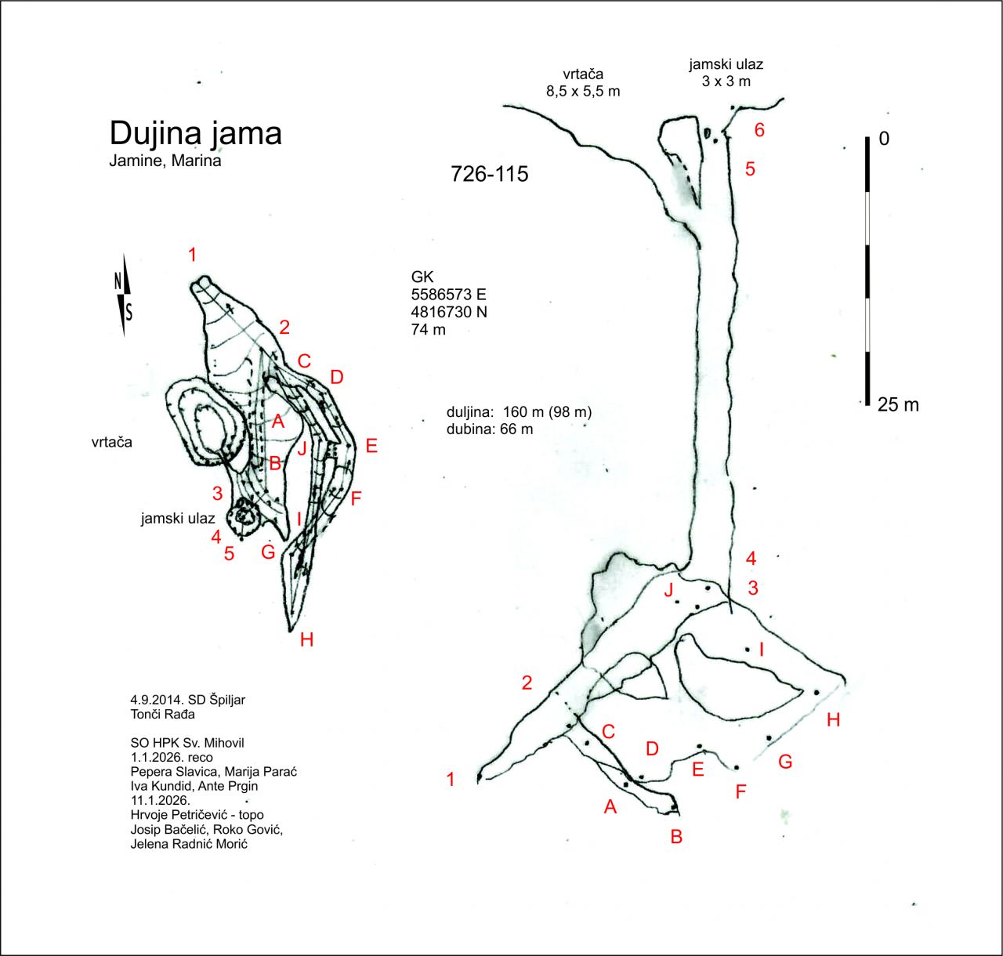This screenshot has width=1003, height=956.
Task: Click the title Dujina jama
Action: point(195,134)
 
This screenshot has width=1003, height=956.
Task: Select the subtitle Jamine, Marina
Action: point(165,161)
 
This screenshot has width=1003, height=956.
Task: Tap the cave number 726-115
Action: point(490,174)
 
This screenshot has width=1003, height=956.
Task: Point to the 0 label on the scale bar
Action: point(884,139)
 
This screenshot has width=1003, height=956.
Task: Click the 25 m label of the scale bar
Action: point(898,405)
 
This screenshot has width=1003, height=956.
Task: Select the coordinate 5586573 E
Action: point(448,295)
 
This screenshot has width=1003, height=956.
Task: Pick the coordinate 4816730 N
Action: point(449,312)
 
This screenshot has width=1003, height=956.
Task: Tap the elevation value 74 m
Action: point(428,329)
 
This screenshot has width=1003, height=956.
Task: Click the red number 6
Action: point(759,130)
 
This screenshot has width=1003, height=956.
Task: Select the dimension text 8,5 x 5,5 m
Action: point(583,91)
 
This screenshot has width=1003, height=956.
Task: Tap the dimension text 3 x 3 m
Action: point(726,81)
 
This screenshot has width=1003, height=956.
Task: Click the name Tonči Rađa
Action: point(162,714)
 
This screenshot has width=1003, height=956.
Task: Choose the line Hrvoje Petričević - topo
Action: point(197,815)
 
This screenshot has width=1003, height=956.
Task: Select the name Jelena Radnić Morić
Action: point(189,844)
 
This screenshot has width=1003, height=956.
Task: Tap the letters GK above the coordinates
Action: point(422,277)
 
